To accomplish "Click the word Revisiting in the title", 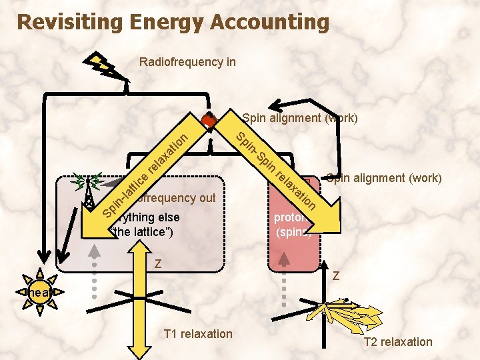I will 70,22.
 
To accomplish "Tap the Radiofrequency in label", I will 187,62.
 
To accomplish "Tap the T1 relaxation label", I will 198,333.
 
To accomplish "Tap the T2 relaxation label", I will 398,342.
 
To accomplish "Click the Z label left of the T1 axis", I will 158,263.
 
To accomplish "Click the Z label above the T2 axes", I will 337,275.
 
